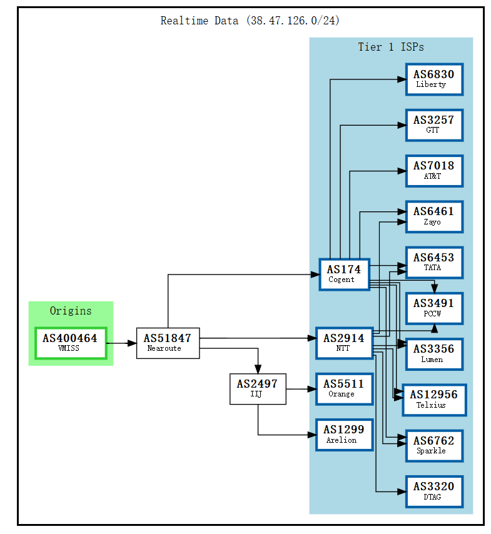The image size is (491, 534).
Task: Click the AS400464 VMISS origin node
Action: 70,343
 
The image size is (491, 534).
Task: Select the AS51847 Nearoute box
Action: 168,343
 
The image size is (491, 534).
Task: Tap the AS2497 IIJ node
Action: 258,388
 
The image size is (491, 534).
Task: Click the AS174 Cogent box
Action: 344,274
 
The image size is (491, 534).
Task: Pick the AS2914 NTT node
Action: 344,343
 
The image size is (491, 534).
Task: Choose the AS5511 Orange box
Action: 344,388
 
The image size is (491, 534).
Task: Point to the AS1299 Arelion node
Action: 344,434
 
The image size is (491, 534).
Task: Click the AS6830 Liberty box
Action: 434,79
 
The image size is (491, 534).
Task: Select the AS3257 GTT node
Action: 434,124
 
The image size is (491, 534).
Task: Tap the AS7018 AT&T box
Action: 434,171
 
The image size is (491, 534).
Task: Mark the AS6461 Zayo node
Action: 434,216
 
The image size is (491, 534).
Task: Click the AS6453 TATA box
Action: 434,262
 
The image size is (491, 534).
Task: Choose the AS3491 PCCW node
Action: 434,308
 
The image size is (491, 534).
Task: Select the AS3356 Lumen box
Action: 434,353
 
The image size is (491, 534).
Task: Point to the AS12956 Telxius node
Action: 434,400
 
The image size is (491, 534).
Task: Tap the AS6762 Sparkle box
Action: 434,445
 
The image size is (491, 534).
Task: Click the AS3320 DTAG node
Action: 434,491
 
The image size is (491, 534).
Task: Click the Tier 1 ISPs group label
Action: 391,47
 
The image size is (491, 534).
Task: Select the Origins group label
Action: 71,311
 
